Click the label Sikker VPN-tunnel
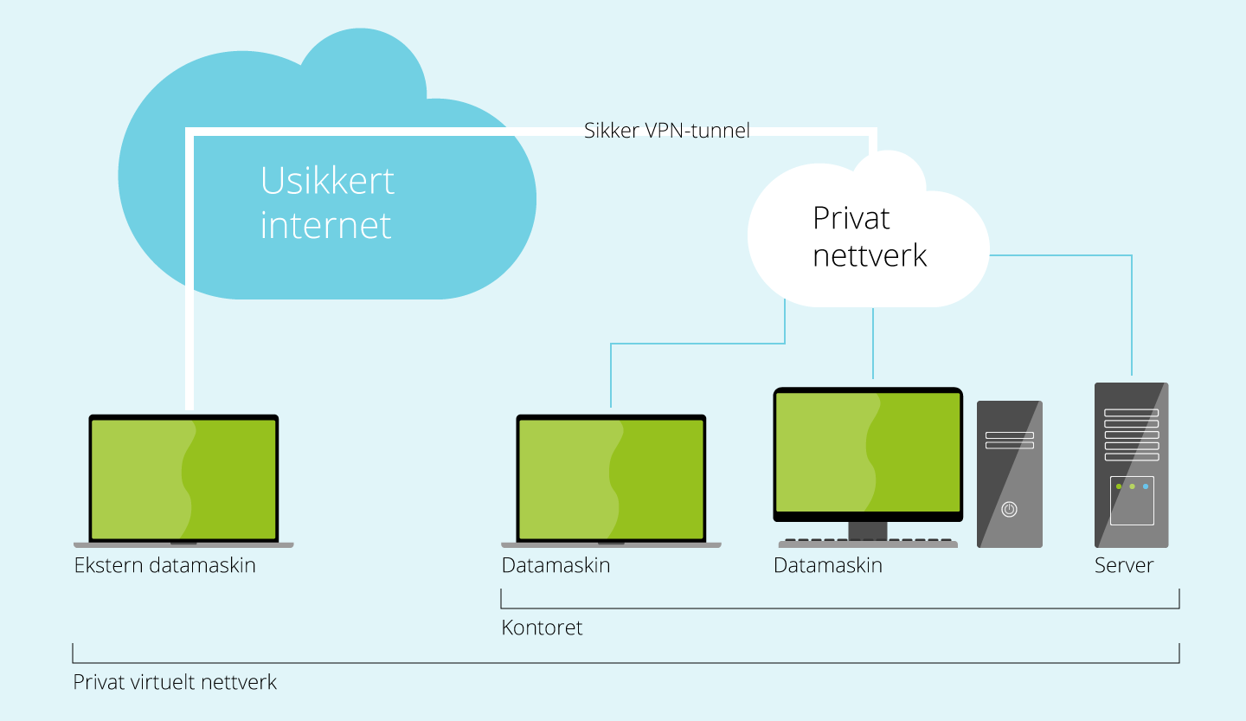coord(666,131)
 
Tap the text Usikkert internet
coord(327,203)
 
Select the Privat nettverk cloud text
coord(869,236)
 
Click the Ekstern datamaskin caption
coord(164,566)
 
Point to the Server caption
coord(1123,566)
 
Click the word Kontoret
coord(542,628)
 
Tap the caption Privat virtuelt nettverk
coord(175,682)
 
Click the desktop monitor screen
coord(868,452)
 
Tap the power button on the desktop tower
coord(1009,509)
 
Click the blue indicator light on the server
coord(1146,486)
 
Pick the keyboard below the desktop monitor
coord(868,543)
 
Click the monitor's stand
coord(868,530)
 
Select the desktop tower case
coord(1009,473)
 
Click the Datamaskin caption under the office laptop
coord(556,566)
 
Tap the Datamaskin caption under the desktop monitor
coord(827,566)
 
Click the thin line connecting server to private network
coord(1132,312)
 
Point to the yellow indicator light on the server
coord(1132,486)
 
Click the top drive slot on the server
coord(1131,413)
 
